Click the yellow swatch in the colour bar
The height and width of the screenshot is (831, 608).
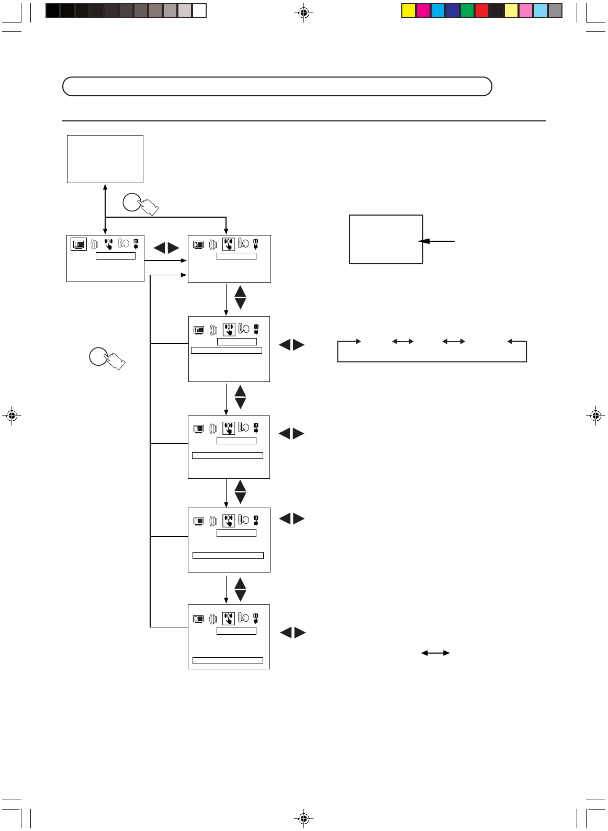[409, 10]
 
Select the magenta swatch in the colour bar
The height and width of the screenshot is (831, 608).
[423, 10]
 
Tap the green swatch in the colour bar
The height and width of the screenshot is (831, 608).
[467, 10]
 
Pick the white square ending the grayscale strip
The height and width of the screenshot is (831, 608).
[199, 10]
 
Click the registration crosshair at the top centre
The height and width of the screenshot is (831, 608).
[303, 13]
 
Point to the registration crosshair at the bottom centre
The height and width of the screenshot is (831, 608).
[303, 818]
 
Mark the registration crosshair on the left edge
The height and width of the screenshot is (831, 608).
[12, 416]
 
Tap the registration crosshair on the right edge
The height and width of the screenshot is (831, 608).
[595, 416]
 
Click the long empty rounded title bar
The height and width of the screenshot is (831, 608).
[277, 86]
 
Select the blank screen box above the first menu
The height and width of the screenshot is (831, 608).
[105, 159]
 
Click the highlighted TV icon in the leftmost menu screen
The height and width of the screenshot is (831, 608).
[78, 244]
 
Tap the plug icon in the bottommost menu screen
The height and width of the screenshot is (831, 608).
[256, 618]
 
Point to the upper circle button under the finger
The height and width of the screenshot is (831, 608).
[132, 202]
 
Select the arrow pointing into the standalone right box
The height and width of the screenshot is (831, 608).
[437, 241]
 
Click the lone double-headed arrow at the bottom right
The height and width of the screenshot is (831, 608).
[435, 653]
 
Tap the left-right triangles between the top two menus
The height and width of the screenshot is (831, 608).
[166, 248]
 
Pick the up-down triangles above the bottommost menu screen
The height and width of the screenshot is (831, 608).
[240, 589]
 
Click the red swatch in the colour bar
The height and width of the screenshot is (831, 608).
[482, 10]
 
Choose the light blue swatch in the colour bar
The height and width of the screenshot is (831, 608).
[541, 10]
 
